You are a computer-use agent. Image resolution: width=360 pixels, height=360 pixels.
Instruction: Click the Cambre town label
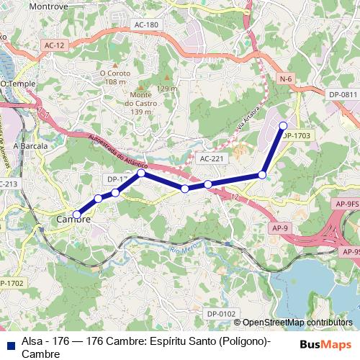73,219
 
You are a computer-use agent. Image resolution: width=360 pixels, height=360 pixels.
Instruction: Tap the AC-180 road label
145,25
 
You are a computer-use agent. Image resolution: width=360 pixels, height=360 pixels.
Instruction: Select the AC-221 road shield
212,158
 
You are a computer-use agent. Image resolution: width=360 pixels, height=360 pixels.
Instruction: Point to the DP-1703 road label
297,135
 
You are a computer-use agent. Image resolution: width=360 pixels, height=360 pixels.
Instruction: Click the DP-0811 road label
343,94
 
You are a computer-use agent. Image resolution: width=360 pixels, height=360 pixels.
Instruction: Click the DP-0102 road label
221,314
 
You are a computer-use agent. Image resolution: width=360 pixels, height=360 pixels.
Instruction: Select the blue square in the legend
9,343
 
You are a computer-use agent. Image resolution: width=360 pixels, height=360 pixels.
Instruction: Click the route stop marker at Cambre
77,214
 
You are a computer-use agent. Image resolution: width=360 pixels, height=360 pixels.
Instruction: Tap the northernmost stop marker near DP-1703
283,126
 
